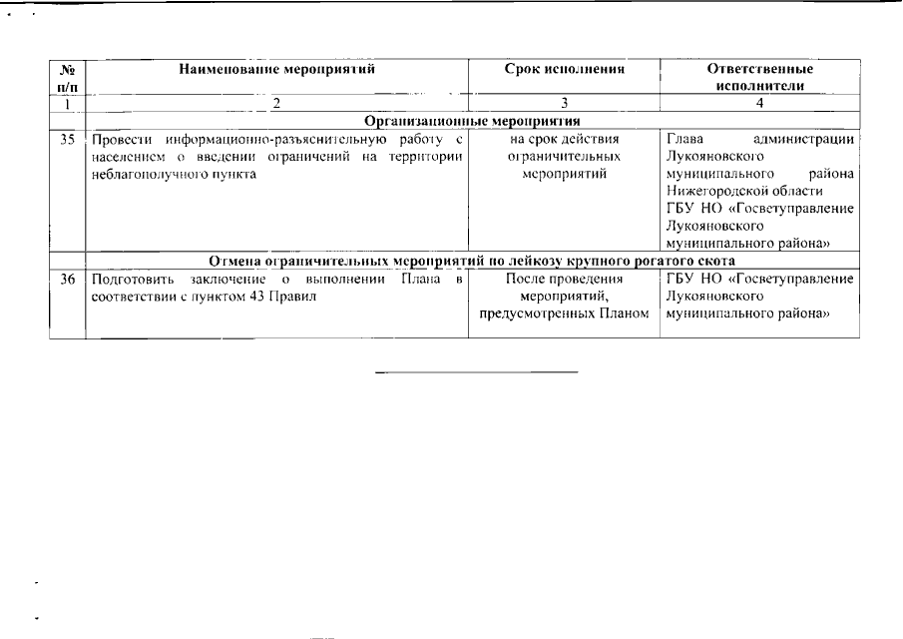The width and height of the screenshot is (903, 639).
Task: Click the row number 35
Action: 68,140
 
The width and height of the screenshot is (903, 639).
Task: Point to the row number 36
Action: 68,280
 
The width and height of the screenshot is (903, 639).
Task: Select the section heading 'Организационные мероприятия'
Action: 472,121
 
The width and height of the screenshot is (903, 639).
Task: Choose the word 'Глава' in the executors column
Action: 684,140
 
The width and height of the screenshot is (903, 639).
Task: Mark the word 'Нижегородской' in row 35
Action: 713,191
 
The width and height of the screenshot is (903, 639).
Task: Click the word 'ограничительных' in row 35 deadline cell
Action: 565,157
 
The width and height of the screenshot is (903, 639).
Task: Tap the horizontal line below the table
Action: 477,372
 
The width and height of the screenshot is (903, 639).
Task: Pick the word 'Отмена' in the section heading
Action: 235,262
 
